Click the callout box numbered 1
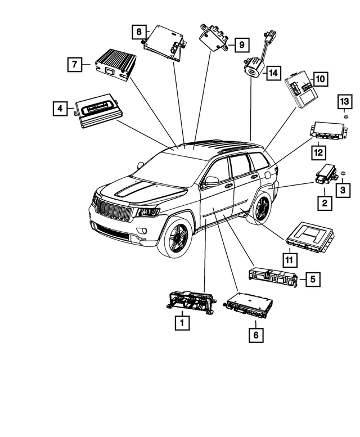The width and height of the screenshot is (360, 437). point(181,323)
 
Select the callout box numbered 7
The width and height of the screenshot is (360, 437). point(73,65)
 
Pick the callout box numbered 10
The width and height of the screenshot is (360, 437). point(319,79)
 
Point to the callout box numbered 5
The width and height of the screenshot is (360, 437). point(313,278)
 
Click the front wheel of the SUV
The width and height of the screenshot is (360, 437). point(178,238)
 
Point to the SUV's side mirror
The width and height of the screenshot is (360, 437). point(211,181)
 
